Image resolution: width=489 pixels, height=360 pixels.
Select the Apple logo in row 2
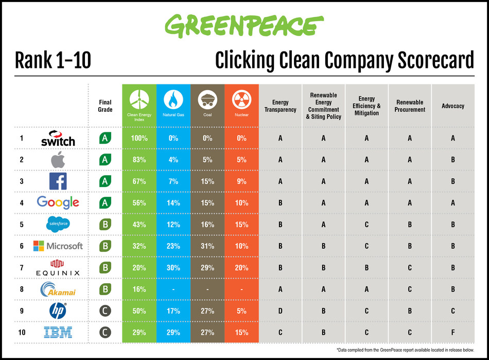58,160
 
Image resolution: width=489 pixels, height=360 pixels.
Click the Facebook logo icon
58,181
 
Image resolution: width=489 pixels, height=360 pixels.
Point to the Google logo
58,202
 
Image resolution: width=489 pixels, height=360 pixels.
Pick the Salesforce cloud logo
58,224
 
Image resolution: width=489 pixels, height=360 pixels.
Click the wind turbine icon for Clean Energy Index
139,99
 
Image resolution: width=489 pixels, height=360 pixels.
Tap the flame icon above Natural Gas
173,99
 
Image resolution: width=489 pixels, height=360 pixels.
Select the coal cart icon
207,99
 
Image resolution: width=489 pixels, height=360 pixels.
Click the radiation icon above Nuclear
241,99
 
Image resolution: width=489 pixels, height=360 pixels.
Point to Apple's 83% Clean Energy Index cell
139,160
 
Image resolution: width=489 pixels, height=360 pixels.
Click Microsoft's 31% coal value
207,246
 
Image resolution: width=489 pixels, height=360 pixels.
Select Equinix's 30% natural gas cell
173,267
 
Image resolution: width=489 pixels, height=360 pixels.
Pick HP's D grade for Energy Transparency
280,310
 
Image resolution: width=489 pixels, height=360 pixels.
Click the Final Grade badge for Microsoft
105,246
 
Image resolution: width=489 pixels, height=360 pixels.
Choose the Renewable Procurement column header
410,106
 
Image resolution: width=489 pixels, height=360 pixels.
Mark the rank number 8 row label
22,289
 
